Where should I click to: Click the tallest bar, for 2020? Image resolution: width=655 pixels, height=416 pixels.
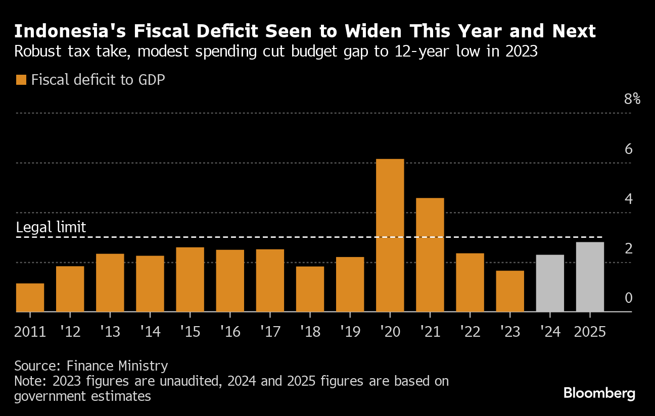390,235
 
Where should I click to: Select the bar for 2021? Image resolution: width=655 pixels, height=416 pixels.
430,254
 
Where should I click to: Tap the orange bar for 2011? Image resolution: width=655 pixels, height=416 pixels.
30,297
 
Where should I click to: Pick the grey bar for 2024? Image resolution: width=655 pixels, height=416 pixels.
550,283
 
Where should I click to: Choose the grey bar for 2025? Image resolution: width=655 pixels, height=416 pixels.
590,277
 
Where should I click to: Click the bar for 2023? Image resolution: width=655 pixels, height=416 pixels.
510,291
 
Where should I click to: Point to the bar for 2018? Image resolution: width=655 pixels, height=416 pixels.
310,289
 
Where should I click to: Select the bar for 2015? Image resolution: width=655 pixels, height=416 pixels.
190,279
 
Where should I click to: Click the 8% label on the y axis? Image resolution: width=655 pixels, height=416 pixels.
632,99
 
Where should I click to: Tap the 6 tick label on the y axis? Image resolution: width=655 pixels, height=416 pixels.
629,149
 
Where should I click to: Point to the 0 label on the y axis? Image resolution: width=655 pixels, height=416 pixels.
629,298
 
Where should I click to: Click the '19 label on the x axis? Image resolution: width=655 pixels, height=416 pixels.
350,332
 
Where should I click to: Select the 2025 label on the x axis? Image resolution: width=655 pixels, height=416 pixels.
590,332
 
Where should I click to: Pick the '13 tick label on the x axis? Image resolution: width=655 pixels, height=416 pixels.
110,332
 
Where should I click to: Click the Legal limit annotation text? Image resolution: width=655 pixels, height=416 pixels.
51,227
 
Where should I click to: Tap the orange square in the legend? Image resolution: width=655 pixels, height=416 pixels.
21,79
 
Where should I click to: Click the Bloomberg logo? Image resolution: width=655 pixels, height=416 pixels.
599,393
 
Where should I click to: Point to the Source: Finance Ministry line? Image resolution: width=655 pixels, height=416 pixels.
91,366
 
